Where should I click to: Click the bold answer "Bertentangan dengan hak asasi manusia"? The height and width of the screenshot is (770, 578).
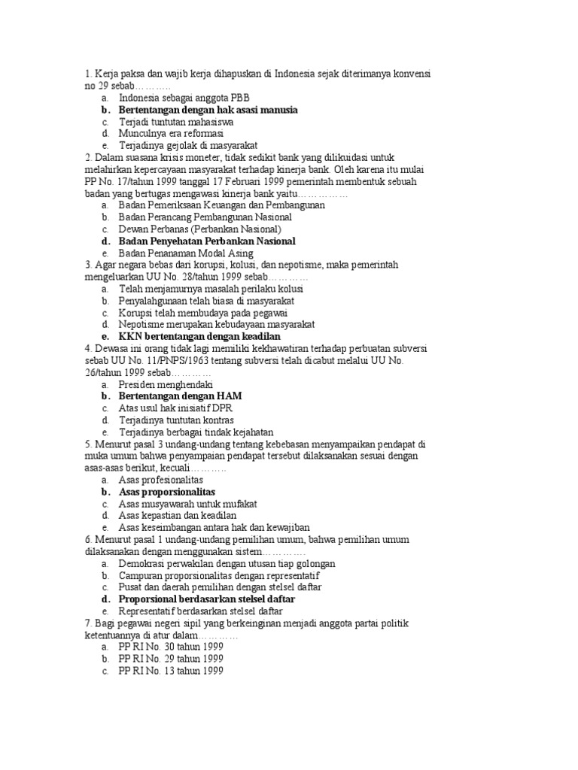208,110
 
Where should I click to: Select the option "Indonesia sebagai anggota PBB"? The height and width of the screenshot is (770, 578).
184,98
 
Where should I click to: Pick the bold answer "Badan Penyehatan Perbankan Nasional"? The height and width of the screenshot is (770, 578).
207,241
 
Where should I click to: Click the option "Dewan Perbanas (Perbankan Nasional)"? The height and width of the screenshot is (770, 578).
199,229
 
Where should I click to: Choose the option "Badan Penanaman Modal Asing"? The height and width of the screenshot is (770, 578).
186,253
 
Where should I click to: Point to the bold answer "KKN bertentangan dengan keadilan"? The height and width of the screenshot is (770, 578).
199,336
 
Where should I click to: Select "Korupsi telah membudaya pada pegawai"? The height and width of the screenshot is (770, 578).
202,313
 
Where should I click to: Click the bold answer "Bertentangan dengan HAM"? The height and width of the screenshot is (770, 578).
181,396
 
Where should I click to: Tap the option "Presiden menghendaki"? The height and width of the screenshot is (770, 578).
166,384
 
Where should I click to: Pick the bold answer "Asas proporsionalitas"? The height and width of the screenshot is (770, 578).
172,492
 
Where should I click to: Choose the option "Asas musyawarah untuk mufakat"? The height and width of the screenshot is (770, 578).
188,504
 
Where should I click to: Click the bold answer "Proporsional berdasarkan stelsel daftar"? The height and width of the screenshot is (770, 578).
206,599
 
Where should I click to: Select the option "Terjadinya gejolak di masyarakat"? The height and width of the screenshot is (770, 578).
188,145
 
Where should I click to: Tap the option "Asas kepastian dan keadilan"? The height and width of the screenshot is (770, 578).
178,516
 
